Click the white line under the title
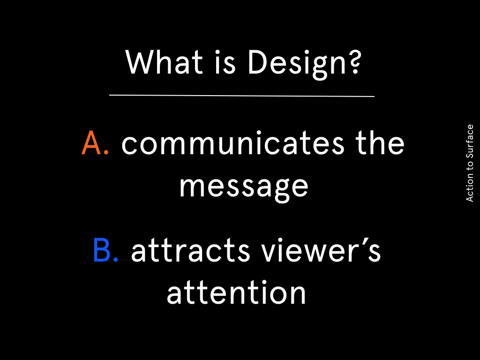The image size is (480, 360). [x=242, y=96]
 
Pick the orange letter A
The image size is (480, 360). [x=91, y=143]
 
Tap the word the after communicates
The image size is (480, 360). [x=380, y=142]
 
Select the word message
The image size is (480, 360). [x=244, y=187]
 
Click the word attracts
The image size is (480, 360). [x=191, y=250]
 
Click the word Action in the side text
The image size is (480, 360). [x=470, y=187]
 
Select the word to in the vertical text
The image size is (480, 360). [x=470, y=165]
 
